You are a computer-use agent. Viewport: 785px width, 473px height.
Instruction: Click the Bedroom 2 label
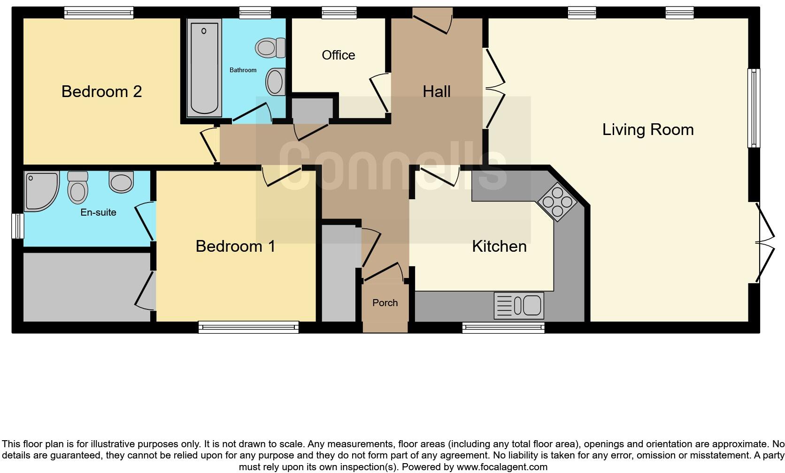pyautogui.click(x=101, y=91)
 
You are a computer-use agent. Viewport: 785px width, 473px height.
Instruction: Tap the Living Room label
pyautogui.click(x=647, y=129)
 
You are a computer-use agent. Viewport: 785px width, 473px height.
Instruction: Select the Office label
pyautogui.click(x=338, y=55)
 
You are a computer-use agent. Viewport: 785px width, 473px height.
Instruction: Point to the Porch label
pyautogui.click(x=385, y=303)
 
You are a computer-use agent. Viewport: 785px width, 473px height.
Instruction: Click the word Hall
pyautogui.click(x=436, y=91)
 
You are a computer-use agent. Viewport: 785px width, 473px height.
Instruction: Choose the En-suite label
pyautogui.click(x=98, y=212)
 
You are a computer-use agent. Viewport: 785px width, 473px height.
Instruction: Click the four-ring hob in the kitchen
pyautogui.click(x=557, y=202)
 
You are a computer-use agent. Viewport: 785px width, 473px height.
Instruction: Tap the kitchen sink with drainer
pyautogui.click(x=519, y=305)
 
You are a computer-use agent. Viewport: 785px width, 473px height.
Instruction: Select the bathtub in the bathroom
pyautogui.click(x=204, y=68)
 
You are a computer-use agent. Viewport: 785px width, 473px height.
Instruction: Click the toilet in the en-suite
pyautogui.click(x=78, y=187)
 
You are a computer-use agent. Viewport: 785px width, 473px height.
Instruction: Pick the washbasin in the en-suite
pyautogui.click(x=121, y=181)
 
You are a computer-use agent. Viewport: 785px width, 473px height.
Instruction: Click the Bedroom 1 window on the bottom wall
pyautogui.click(x=248, y=327)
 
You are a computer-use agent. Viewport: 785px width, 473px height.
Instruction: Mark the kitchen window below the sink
pyautogui.click(x=503, y=327)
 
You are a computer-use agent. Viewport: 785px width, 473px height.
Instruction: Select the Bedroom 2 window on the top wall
pyautogui.click(x=99, y=13)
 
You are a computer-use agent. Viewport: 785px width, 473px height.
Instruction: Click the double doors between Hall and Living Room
pyautogui.click(x=494, y=88)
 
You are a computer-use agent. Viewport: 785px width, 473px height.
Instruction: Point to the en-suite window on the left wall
pyautogui.click(x=17, y=226)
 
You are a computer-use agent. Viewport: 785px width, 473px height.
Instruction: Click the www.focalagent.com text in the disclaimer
pyautogui.click(x=502, y=467)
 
